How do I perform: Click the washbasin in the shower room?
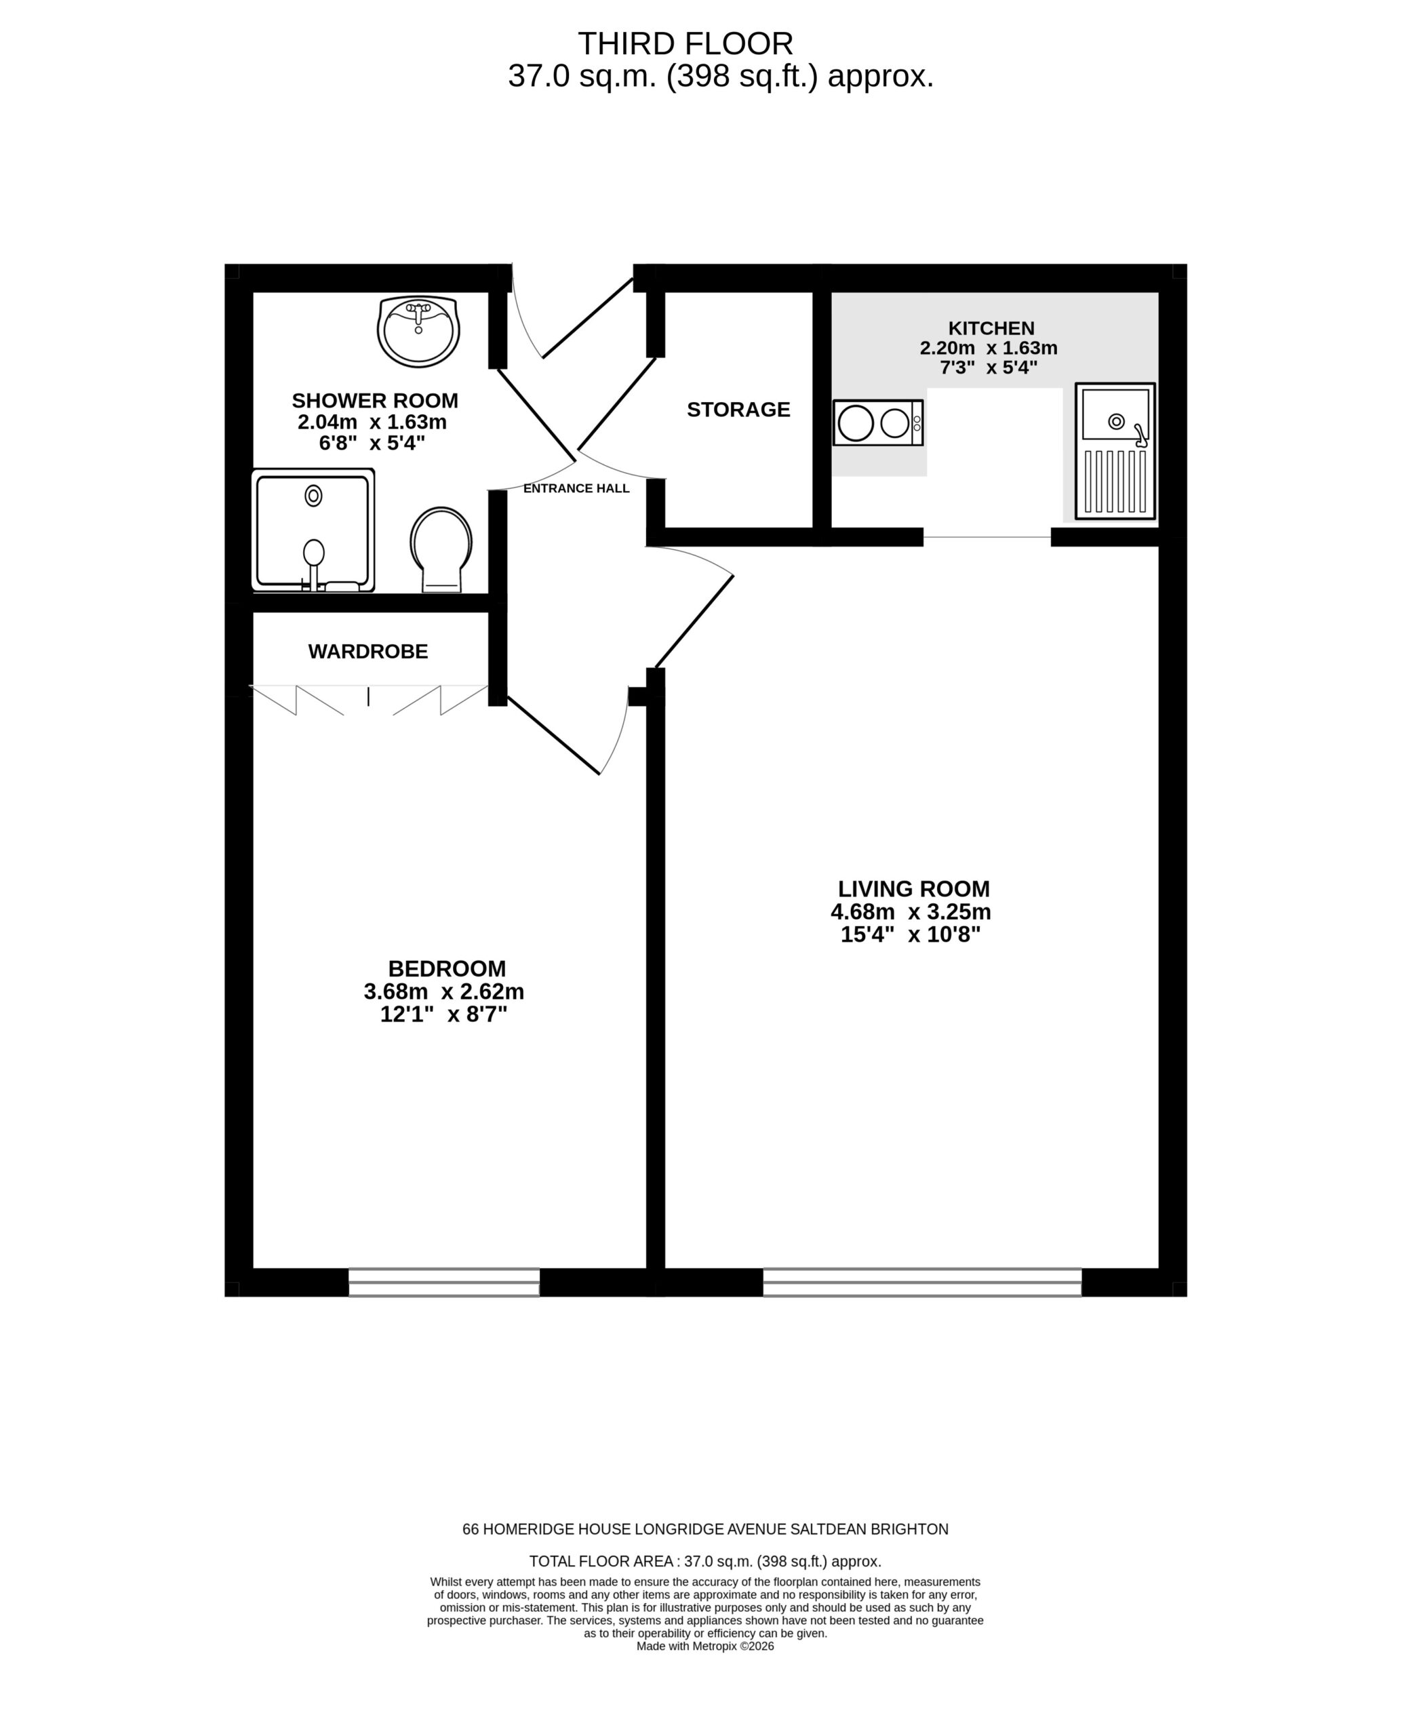(418, 331)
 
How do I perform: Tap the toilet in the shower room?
(441, 549)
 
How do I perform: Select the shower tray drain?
(314, 495)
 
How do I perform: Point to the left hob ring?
(856, 422)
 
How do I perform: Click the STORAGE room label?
(738, 410)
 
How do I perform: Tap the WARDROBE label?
(368, 651)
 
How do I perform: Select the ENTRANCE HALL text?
(576, 488)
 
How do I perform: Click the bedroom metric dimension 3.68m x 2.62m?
(444, 991)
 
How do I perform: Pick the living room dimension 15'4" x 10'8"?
(911, 934)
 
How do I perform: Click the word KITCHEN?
(991, 328)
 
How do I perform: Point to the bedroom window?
(444, 1282)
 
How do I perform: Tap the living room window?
(921, 1282)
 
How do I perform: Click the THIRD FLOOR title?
(685, 43)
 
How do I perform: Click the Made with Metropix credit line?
(704, 1646)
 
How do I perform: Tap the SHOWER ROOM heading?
(375, 401)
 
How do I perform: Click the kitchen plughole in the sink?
(1117, 421)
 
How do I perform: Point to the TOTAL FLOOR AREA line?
(704, 1561)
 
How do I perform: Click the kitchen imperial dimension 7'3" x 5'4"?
(989, 368)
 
